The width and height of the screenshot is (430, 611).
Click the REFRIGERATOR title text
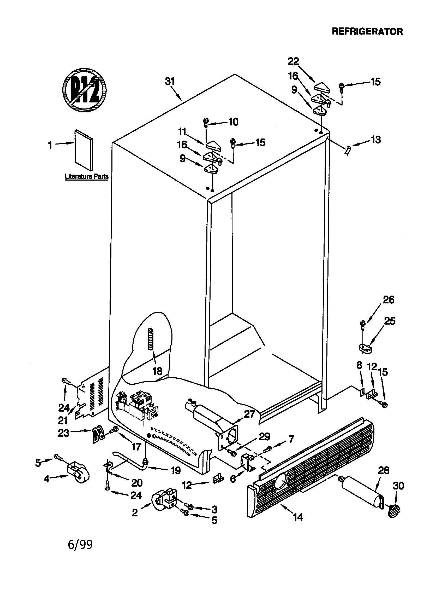pyautogui.click(x=367, y=32)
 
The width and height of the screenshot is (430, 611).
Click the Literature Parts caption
pyautogui.click(x=87, y=176)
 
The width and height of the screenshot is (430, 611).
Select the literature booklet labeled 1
pyautogui.click(x=84, y=150)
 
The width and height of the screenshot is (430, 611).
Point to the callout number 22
pyautogui.click(x=293, y=62)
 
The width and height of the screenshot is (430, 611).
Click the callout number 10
pyautogui.click(x=233, y=122)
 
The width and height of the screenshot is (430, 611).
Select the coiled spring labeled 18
pyautogui.click(x=151, y=339)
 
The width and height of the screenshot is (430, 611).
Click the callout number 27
pyautogui.click(x=249, y=414)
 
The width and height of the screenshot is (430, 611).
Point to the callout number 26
pyautogui.click(x=388, y=300)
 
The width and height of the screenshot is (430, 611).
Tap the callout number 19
pyautogui.click(x=176, y=470)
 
